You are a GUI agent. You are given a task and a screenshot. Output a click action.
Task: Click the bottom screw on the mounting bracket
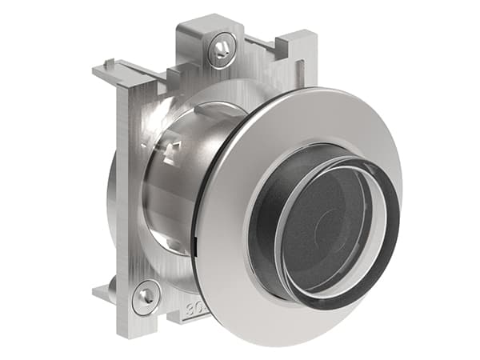tap(147, 296)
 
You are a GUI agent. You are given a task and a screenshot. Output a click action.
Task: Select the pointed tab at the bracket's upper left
tap(104, 70)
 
